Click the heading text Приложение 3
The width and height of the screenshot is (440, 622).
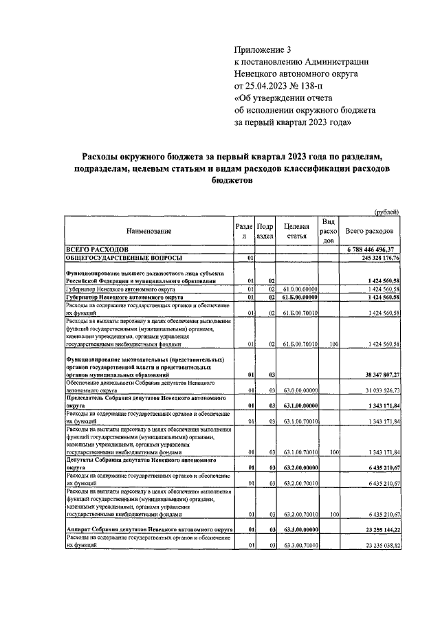click(x=263, y=49)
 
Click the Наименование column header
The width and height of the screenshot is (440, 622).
click(x=148, y=232)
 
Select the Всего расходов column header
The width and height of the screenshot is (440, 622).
click(x=369, y=232)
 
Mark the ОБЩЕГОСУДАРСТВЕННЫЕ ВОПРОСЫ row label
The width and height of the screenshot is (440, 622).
click(x=124, y=257)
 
